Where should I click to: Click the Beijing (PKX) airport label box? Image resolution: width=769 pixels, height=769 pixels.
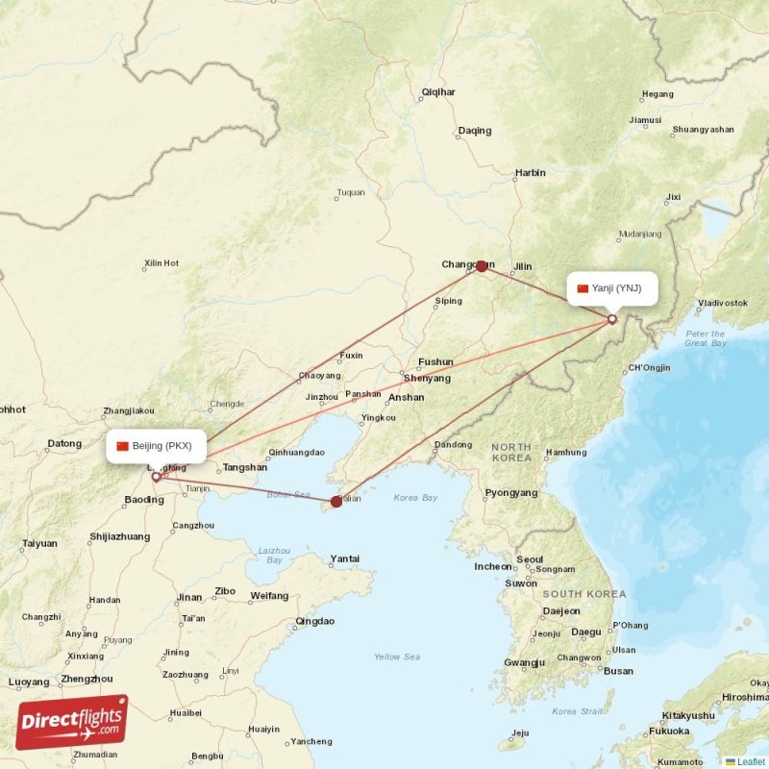pyautogui.click(x=155, y=446)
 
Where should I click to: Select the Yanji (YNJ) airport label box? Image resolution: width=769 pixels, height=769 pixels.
pyautogui.click(x=611, y=288)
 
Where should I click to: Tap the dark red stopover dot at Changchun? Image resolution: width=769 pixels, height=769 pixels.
pyautogui.click(x=482, y=265)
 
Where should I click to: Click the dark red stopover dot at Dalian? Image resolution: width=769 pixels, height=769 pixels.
pyautogui.click(x=335, y=501)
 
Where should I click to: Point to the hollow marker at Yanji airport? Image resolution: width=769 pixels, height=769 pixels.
pyautogui.click(x=612, y=319)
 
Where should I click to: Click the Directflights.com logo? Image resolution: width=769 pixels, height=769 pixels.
pyautogui.click(x=71, y=722)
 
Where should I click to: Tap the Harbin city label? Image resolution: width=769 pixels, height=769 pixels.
pyautogui.click(x=530, y=173)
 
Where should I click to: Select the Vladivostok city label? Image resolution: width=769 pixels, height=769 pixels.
pyautogui.click(x=722, y=303)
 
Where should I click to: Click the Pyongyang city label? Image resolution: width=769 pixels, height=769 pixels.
pyautogui.click(x=511, y=493)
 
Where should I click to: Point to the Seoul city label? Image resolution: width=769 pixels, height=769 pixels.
pyautogui.click(x=529, y=559)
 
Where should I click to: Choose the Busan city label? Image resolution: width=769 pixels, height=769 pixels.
pyautogui.click(x=618, y=671)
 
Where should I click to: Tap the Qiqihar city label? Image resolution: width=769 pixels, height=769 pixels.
pyautogui.click(x=438, y=92)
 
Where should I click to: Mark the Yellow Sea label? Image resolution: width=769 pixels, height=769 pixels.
pyautogui.click(x=397, y=657)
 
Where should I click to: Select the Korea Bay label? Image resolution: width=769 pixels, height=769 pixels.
pyautogui.click(x=415, y=498)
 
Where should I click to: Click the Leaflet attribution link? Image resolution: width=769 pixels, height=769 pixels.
pyautogui.click(x=751, y=762)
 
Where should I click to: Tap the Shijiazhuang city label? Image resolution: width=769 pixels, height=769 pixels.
pyautogui.click(x=120, y=536)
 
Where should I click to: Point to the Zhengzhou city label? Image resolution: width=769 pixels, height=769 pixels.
pyautogui.click(x=87, y=679)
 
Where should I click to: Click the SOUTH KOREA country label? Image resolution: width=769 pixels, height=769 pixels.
pyautogui.click(x=583, y=594)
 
